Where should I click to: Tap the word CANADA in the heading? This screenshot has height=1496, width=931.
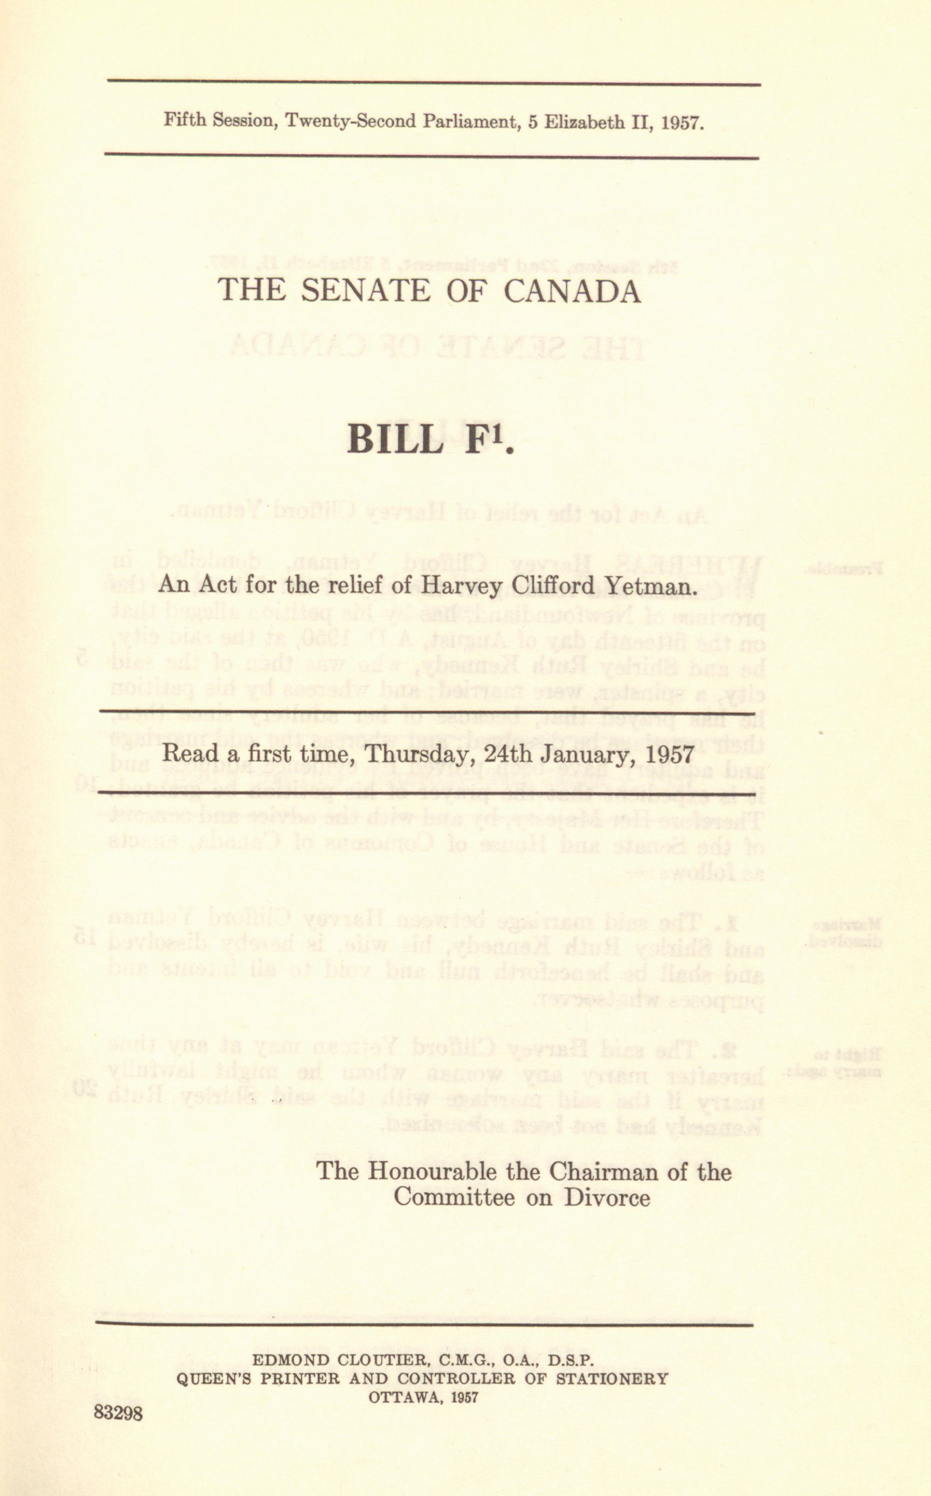pyautogui.click(x=572, y=290)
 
